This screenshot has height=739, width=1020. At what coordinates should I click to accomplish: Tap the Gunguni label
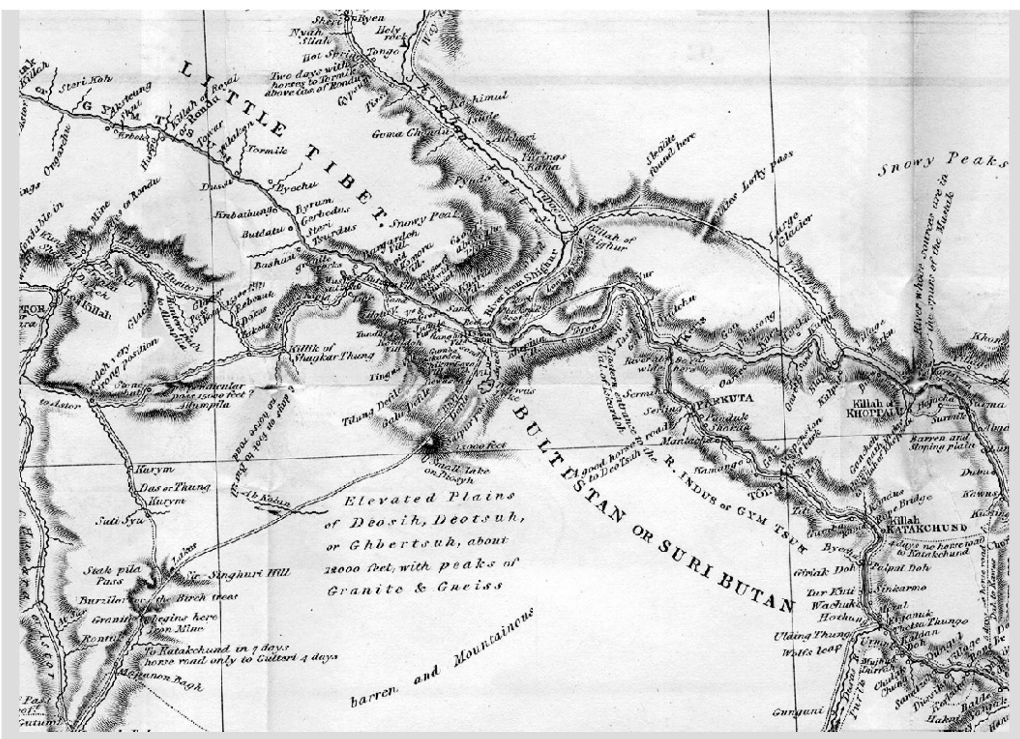click(797, 713)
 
